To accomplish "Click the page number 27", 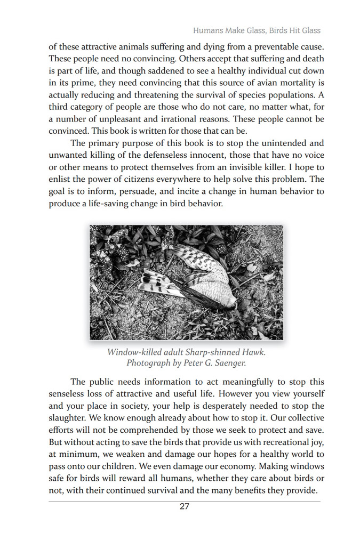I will click(x=184, y=506).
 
